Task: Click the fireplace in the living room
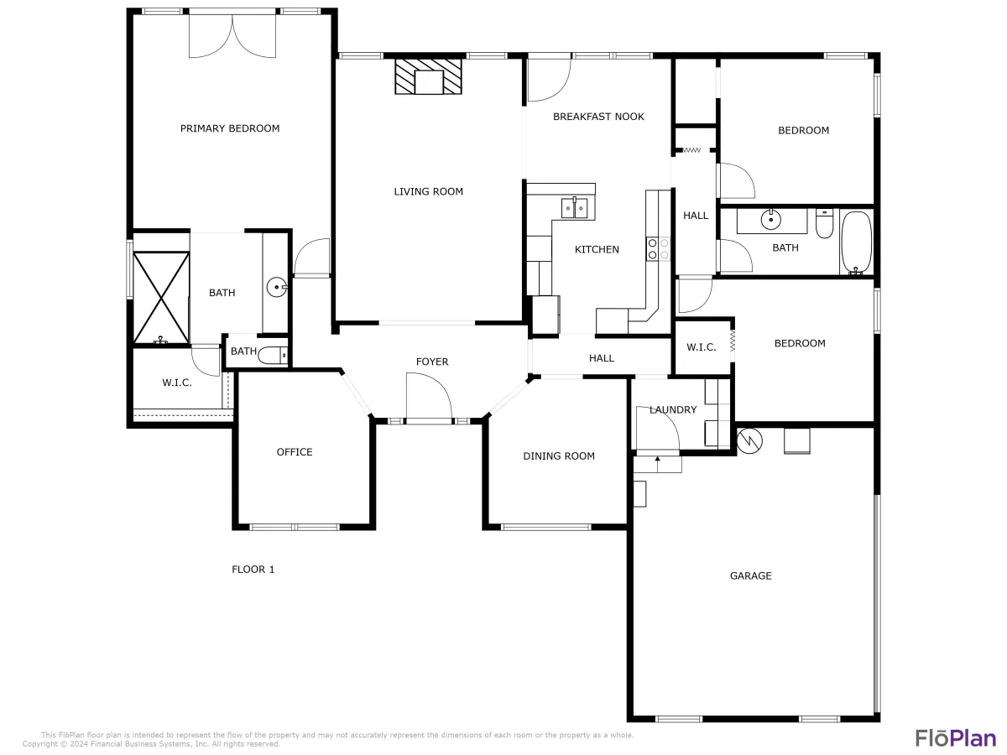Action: click(428, 76)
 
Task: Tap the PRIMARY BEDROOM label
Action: click(230, 128)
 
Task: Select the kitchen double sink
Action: click(574, 208)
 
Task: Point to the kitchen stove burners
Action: click(658, 249)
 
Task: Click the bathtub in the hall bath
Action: click(856, 243)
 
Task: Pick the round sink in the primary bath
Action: click(277, 287)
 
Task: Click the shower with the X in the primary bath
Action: click(161, 298)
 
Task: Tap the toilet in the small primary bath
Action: click(273, 355)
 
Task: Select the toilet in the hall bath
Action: click(824, 224)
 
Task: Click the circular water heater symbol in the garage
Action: click(749, 441)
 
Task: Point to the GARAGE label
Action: click(750, 575)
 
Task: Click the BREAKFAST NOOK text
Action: click(598, 117)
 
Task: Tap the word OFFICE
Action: click(295, 452)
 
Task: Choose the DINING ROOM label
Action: click(559, 456)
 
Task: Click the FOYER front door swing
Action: click(429, 396)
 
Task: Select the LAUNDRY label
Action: click(673, 410)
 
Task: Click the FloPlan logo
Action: click(956, 738)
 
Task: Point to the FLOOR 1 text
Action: click(253, 570)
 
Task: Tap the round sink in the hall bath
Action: click(770, 220)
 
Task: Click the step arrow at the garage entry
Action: click(657, 464)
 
